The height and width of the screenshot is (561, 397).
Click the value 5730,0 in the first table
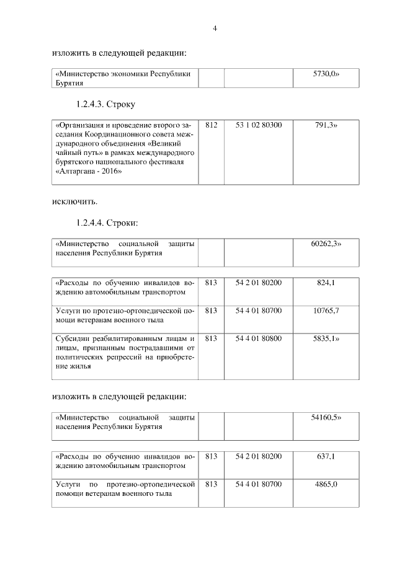pyautogui.click(x=326, y=73)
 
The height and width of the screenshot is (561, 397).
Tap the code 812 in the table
pyautogui.click(x=211, y=125)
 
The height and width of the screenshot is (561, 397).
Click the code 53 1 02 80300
pyautogui.click(x=259, y=125)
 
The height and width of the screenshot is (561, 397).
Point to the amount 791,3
pyautogui.click(x=326, y=125)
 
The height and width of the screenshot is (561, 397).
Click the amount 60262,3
pyautogui.click(x=326, y=244)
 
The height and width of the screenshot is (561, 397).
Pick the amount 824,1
pyautogui.click(x=326, y=283)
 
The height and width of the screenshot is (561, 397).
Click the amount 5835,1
pyautogui.click(x=326, y=338)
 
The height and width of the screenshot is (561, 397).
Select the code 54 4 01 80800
pyautogui.click(x=259, y=338)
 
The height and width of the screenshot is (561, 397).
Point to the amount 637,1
pyautogui.click(x=326, y=456)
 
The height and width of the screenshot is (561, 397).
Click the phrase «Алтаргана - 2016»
pyautogui.click(x=89, y=172)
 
